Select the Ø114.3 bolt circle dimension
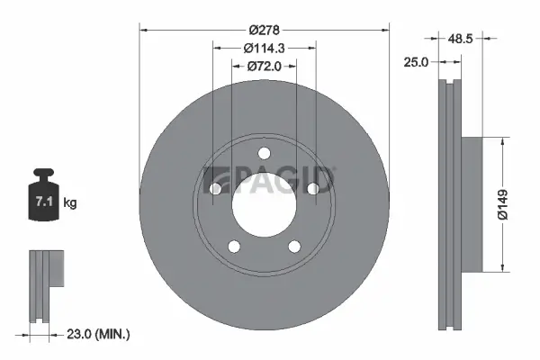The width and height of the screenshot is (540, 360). [x=265, y=49]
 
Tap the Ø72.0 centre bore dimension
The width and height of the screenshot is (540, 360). [x=265, y=66]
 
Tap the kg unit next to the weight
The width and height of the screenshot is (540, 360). [x=70, y=203]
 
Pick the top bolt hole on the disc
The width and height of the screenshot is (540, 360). [x=265, y=152]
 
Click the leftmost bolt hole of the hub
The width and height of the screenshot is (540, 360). [x=217, y=188]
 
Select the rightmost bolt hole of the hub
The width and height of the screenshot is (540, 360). [x=312, y=188]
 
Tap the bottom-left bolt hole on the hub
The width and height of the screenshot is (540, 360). [x=235, y=246]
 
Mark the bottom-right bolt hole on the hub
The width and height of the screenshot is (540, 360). [x=294, y=246]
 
